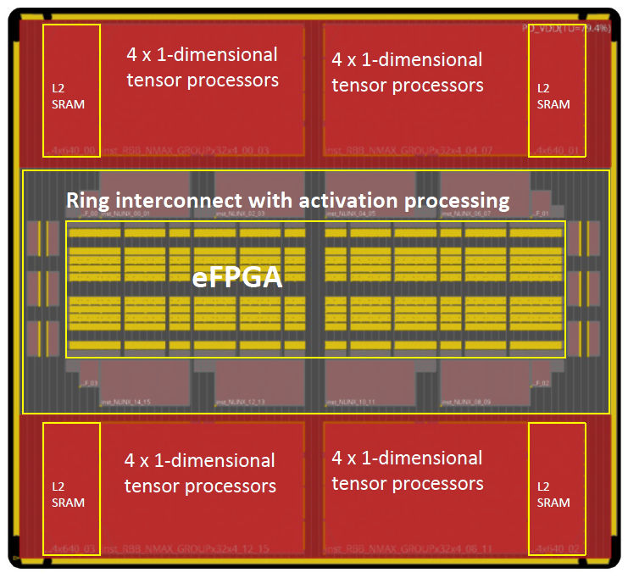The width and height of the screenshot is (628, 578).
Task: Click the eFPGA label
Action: (236, 279)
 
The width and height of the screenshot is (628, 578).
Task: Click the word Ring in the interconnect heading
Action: (88, 201)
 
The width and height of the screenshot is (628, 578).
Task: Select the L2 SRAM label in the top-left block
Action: (68, 96)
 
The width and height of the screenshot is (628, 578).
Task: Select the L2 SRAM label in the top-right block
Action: (553, 96)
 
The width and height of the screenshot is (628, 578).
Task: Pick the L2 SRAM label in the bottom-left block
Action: (68, 494)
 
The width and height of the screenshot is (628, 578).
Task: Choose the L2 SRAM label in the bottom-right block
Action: (553, 494)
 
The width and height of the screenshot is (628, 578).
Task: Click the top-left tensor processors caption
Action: (202, 68)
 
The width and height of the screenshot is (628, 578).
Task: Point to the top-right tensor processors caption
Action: (407, 73)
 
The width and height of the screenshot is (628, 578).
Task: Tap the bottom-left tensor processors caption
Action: (200, 473)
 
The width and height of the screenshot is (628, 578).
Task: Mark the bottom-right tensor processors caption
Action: (407, 471)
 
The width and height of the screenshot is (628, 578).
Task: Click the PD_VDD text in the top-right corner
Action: (566, 29)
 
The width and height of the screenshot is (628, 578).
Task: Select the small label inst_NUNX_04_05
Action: (353, 214)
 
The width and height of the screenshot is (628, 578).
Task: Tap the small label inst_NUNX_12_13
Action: (240, 401)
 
